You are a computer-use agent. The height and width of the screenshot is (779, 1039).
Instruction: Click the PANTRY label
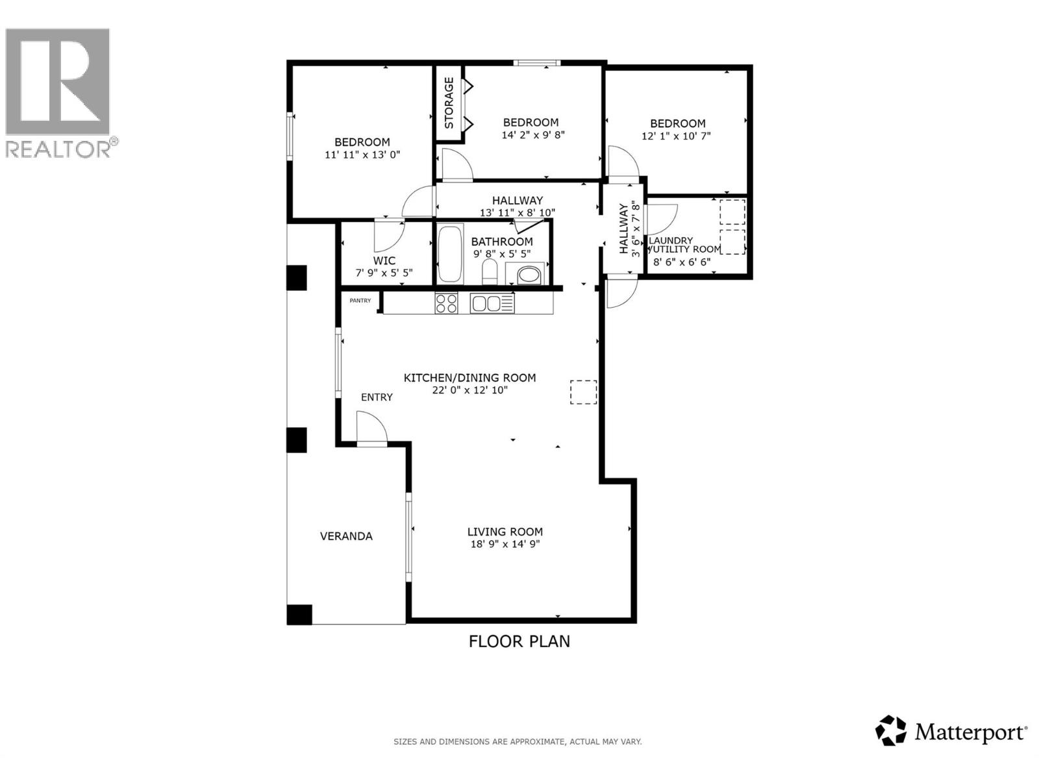click(x=360, y=301)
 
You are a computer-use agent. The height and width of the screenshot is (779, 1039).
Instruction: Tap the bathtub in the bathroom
click(x=449, y=253)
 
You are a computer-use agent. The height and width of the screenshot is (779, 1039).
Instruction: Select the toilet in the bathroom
click(x=490, y=271)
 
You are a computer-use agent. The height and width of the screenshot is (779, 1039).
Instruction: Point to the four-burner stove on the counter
click(x=446, y=303)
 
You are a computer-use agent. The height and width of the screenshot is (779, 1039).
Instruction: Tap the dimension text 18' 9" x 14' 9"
click(x=505, y=545)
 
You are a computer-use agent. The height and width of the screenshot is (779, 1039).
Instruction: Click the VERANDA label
click(x=346, y=536)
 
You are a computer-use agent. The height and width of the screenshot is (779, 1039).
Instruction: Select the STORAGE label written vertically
click(x=449, y=103)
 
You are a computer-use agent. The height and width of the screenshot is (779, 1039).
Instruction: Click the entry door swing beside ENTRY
click(x=372, y=430)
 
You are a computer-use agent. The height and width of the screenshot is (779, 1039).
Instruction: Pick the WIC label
click(x=384, y=261)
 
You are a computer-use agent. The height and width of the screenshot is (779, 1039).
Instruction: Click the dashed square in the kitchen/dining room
click(x=583, y=392)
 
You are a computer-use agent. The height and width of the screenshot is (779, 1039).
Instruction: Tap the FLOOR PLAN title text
click(x=519, y=641)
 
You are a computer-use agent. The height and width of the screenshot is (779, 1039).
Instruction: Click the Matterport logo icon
click(x=890, y=730)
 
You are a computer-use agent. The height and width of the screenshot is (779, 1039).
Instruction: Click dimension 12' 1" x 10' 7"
click(x=677, y=136)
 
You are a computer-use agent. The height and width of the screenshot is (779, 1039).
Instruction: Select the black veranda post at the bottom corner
click(x=299, y=614)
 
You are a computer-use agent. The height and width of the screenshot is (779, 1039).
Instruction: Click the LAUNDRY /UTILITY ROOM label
click(x=683, y=245)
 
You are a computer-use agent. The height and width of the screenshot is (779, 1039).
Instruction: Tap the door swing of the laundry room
click(x=662, y=219)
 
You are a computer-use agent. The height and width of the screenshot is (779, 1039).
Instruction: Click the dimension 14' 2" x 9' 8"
click(x=533, y=135)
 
